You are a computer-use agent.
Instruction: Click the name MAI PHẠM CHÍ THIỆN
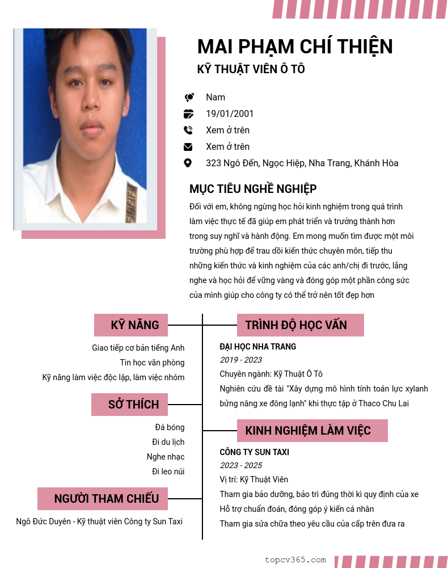tap(295, 47)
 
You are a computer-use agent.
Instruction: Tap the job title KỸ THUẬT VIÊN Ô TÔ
tap(251, 69)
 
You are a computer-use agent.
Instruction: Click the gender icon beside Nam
tap(189, 98)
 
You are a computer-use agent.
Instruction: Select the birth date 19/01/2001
tap(230, 113)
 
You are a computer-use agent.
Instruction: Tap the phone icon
tap(188, 130)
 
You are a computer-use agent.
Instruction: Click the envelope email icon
tap(188, 146)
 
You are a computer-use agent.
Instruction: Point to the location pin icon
tap(188, 163)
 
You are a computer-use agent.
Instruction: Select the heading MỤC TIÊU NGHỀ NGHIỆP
tap(253, 189)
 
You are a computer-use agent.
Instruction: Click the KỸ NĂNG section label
tap(134, 325)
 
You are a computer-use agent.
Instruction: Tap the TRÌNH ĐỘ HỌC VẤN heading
tap(296, 325)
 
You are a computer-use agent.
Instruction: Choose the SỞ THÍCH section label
tap(133, 405)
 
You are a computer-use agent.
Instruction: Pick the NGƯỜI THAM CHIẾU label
tap(106, 499)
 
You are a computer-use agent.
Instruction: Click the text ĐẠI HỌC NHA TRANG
tap(257, 347)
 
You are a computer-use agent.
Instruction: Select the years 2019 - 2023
tap(240, 360)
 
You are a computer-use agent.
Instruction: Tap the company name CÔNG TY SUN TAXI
tap(254, 452)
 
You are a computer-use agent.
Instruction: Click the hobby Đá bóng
tap(170, 427)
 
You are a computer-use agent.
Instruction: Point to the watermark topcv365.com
tap(295, 559)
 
